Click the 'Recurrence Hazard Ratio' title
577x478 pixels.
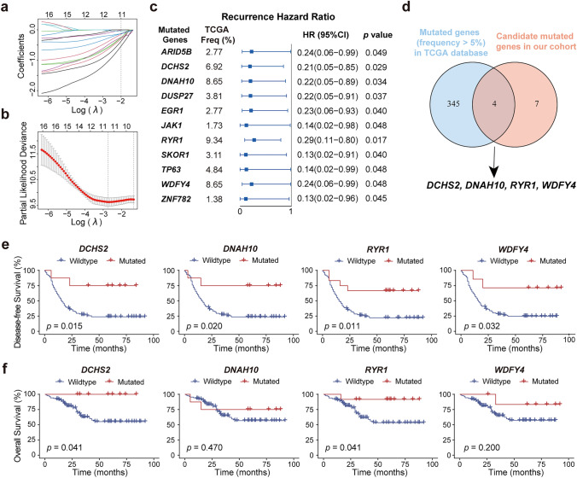click(x=267, y=15)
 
